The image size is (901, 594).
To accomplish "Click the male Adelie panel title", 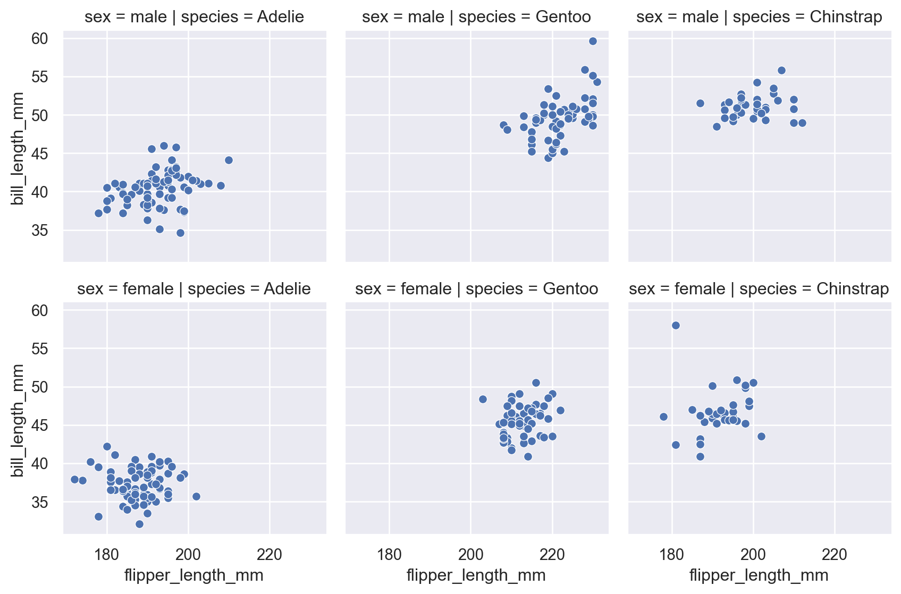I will (195, 17).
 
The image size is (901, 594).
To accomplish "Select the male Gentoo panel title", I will (476, 17).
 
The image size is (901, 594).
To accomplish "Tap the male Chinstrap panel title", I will (759, 17).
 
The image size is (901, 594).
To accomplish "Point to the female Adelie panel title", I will (194, 289).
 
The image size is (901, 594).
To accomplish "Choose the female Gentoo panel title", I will (476, 289).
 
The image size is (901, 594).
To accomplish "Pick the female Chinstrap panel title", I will (759, 289).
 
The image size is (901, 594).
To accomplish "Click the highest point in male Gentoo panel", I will (593, 41).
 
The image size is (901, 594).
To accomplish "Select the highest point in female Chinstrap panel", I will (676, 325).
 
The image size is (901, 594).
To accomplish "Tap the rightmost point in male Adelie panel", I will (229, 160).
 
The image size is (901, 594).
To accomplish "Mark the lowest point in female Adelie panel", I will (139, 524).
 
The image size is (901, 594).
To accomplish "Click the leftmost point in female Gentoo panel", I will (483, 399).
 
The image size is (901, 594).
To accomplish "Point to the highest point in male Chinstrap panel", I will (781, 70).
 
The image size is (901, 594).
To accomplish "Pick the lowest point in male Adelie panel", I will (180, 233).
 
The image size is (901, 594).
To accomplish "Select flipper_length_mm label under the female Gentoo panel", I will (476, 575).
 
